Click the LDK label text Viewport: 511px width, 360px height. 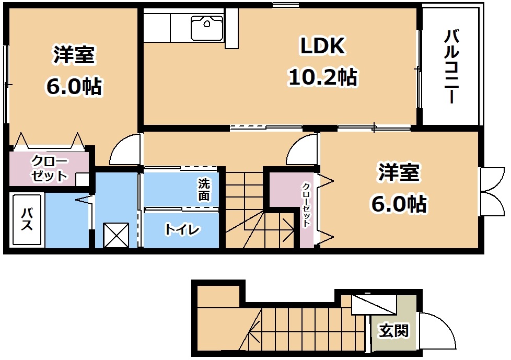[x=322, y=46]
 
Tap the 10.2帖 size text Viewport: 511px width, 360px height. [x=322, y=77]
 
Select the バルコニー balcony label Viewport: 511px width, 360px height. [x=452, y=66]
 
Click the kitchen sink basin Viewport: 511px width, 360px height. [x=207, y=28]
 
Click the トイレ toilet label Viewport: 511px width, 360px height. [x=182, y=229]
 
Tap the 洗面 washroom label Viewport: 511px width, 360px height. [x=204, y=190]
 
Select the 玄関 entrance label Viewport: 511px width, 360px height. [x=393, y=331]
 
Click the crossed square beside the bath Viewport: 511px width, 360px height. [x=116, y=235]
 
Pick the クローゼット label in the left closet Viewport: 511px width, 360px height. [x=49, y=169]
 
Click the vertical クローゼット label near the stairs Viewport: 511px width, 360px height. [x=306, y=205]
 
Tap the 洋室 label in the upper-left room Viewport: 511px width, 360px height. [x=74, y=55]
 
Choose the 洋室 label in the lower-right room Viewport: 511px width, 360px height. [x=399, y=172]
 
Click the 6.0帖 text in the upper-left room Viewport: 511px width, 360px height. [x=74, y=86]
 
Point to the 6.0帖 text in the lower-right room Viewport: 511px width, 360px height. [x=399, y=203]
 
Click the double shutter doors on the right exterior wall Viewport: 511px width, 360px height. [x=492, y=191]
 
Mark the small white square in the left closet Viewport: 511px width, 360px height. [x=82, y=180]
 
